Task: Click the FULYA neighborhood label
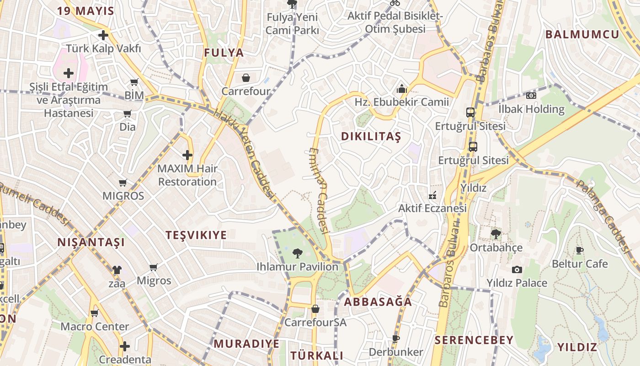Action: tap(224, 53)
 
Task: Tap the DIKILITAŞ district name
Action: tap(371, 136)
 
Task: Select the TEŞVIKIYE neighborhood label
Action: tap(196, 235)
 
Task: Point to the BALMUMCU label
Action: tap(582, 34)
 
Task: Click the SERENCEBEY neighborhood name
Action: tap(474, 340)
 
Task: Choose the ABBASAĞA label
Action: tap(378, 302)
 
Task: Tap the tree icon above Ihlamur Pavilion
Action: tap(297, 253)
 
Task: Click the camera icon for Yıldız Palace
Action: tap(517, 269)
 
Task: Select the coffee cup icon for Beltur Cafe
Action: tap(580, 250)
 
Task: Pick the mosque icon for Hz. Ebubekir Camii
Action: tap(402, 89)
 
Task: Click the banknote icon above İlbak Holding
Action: tap(531, 96)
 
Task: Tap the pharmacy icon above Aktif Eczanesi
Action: tap(432, 195)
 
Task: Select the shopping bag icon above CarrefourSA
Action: tap(315, 309)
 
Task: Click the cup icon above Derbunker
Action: tap(396, 339)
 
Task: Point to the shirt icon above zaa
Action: tap(117, 270)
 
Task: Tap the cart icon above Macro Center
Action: tap(95, 313)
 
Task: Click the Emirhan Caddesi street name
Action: tap(319, 190)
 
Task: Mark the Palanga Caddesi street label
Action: tap(602, 215)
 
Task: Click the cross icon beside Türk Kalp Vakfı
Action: tap(103, 35)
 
